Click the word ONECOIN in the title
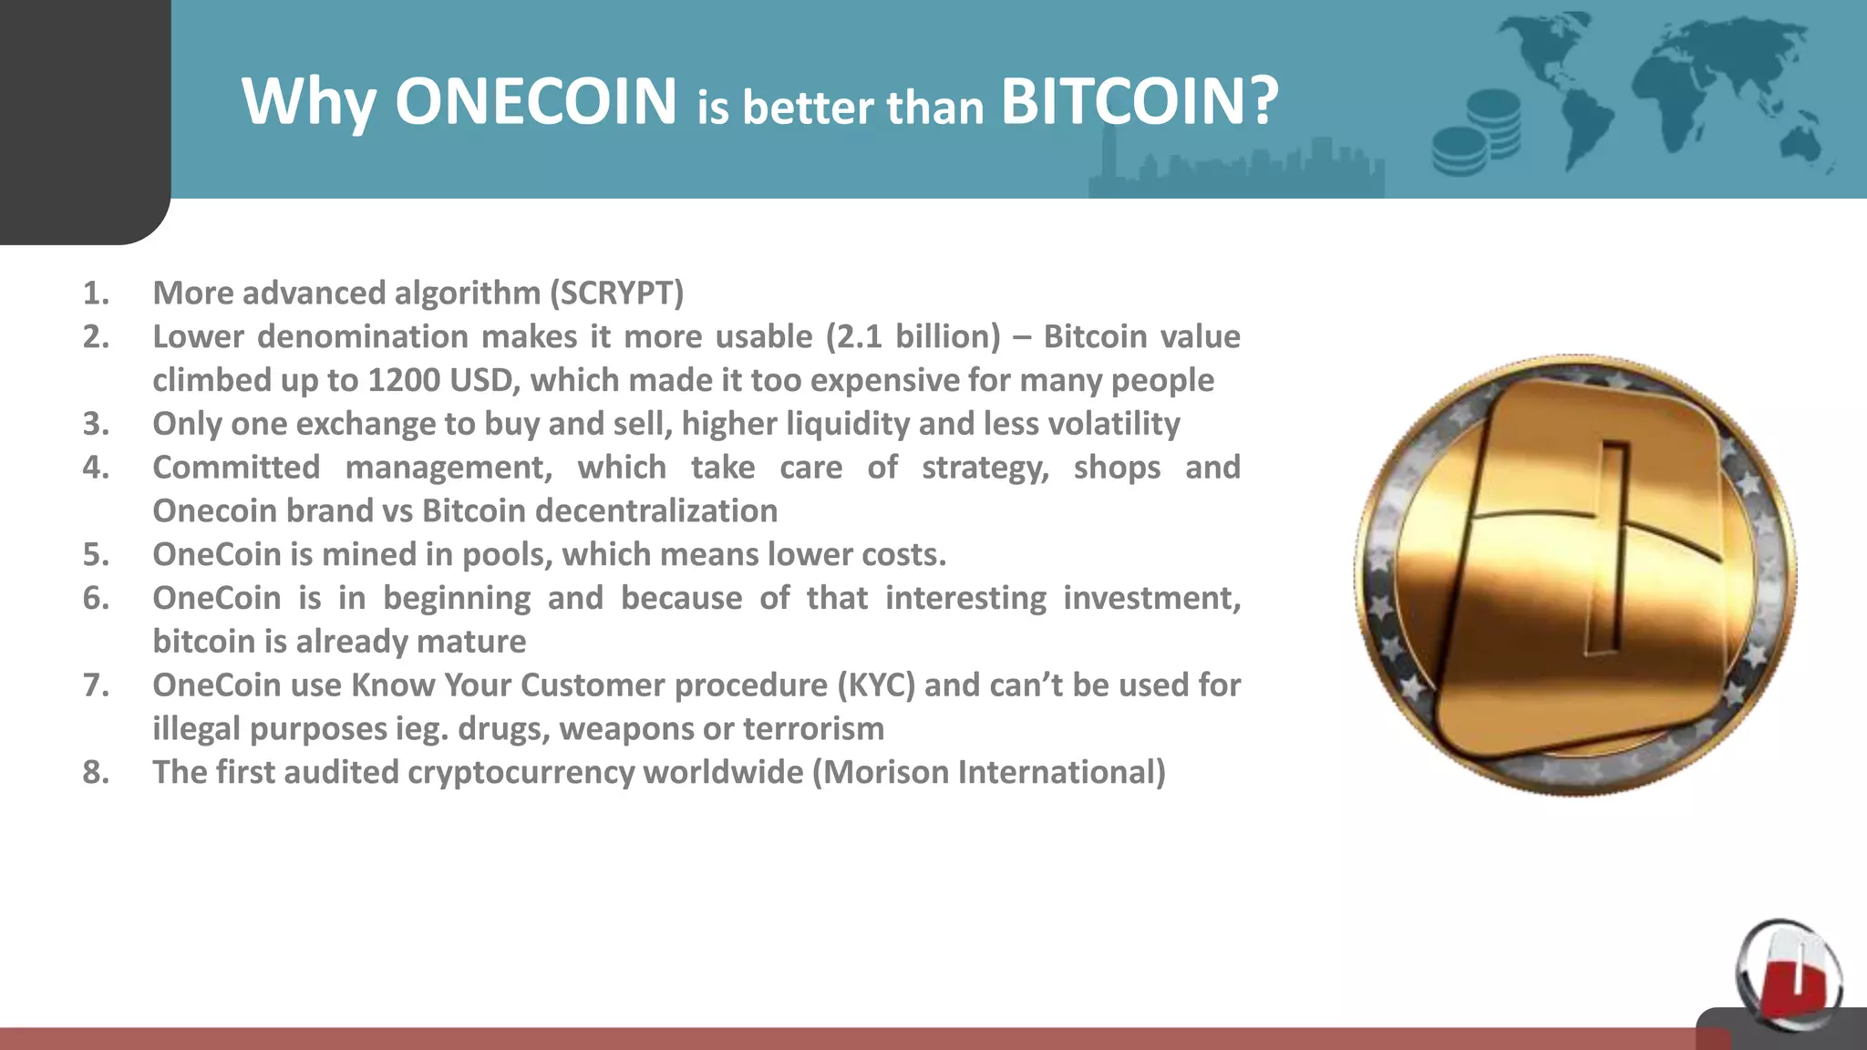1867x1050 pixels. (x=536, y=100)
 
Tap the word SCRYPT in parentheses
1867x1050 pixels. (x=616, y=293)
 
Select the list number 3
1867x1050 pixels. (x=96, y=424)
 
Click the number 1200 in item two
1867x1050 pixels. (x=403, y=380)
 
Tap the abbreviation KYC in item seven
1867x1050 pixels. (x=876, y=685)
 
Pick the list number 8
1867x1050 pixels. (x=96, y=772)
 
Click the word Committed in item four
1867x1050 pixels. (x=236, y=467)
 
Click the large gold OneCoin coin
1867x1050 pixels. (x=1575, y=574)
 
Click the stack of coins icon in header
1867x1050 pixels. (x=1476, y=132)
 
